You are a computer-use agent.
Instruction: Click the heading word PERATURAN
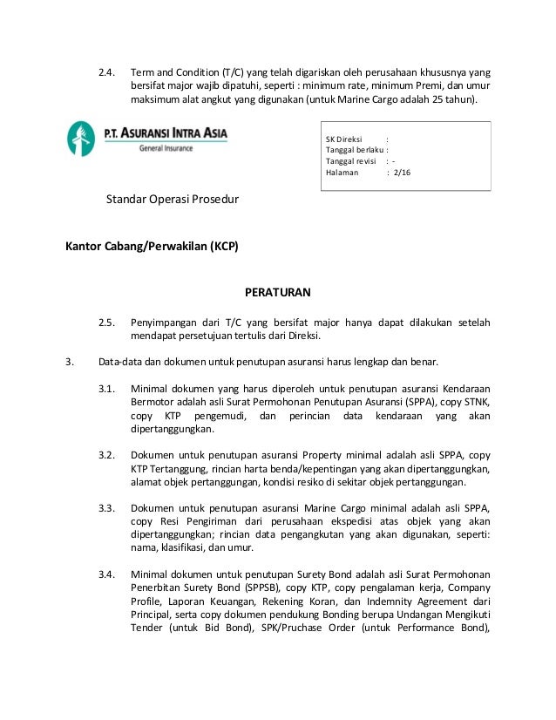tap(277, 291)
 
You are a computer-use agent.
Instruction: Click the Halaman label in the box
tap(341, 173)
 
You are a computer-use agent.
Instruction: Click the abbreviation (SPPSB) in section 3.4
tap(247, 588)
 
